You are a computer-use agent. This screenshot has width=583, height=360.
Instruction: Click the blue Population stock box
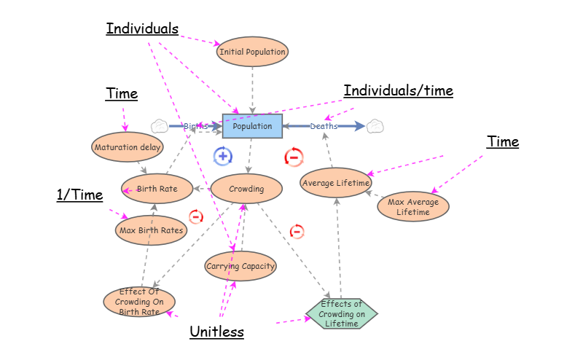tap(252, 126)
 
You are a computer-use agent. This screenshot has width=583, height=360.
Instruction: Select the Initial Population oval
tap(252, 52)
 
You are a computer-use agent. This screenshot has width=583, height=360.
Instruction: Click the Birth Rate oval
tap(157, 189)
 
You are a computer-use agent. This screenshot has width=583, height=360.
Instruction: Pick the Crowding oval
tap(246, 189)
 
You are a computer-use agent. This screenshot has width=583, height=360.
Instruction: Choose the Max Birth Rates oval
tap(151, 230)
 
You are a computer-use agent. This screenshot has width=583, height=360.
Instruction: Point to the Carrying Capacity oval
tap(240, 266)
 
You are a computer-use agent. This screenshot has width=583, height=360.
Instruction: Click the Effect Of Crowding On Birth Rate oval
tap(139, 302)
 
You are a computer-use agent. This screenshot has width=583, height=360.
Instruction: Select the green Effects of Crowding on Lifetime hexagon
tap(343, 313)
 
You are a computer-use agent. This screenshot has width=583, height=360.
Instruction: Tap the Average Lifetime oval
tap(337, 182)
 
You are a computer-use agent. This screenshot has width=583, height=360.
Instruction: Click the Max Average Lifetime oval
tap(413, 207)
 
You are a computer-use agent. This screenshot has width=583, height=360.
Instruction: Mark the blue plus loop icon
tap(223, 155)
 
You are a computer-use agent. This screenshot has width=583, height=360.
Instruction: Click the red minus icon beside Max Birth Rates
tap(196, 216)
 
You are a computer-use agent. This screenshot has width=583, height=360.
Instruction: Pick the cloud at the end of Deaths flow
tap(375, 126)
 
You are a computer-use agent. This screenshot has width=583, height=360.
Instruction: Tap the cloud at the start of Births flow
tap(160, 126)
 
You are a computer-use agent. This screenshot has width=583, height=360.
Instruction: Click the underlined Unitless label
tap(216, 332)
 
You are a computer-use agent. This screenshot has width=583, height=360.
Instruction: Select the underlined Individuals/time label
tap(398, 91)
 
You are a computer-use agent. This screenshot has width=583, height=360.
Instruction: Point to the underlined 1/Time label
tap(79, 195)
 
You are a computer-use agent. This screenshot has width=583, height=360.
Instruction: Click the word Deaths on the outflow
tap(324, 126)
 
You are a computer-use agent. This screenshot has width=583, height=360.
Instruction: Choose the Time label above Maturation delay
tap(122, 94)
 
